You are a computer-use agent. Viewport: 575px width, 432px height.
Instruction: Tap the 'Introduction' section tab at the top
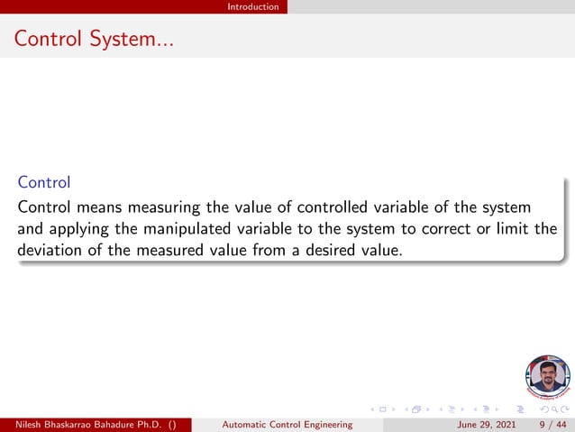click(252, 6)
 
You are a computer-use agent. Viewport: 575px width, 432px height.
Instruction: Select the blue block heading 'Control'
click(43, 182)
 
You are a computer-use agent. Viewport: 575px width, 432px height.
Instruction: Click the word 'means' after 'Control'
click(95, 207)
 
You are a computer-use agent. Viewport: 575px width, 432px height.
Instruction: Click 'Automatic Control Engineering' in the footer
click(287, 424)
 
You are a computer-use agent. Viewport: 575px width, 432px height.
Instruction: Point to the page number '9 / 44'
click(552, 424)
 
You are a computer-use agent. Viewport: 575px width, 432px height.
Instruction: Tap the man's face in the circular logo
click(546, 373)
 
